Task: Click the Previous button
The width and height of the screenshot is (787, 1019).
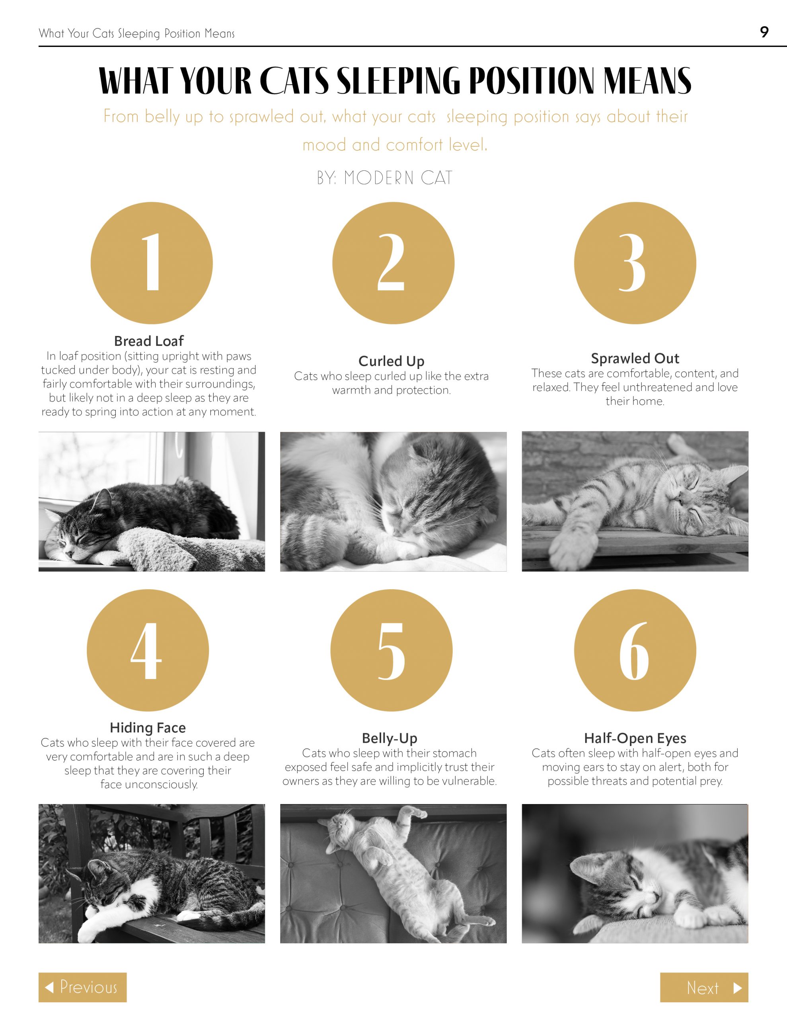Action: (x=83, y=987)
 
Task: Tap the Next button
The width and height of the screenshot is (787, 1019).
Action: (x=704, y=987)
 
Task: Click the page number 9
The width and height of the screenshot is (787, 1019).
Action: (x=764, y=32)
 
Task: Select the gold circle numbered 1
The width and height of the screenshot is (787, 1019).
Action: (x=152, y=263)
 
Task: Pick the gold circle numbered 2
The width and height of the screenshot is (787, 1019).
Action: (x=393, y=263)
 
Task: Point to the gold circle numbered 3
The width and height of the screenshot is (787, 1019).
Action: (x=635, y=263)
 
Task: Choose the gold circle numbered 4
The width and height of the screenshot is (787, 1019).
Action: (x=148, y=650)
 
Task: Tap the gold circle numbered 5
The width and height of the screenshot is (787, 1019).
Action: (x=392, y=650)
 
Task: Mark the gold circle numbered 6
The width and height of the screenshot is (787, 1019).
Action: (x=635, y=650)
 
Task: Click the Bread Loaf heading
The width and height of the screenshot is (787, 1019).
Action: (x=149, y=341)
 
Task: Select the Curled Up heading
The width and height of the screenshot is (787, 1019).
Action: (x=392, y=361)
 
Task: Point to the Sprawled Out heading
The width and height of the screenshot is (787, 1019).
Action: (x=635, y=358)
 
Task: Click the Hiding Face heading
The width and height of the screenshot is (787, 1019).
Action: (x=148, y=728)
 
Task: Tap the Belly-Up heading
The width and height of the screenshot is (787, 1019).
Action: (x=390, y=738)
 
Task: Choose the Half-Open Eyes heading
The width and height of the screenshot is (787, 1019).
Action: (x=635, y=738)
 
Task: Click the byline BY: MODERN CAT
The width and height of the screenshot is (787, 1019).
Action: (x=385, y=178)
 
